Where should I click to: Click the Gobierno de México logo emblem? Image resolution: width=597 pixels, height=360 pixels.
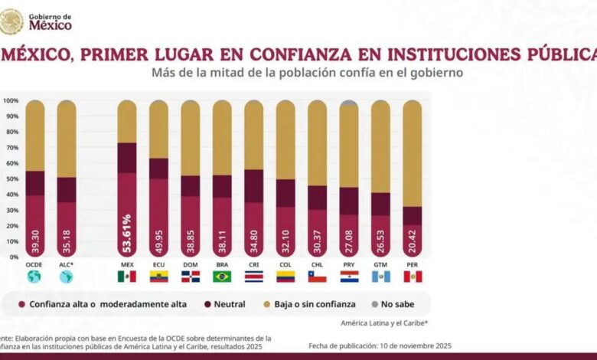11,21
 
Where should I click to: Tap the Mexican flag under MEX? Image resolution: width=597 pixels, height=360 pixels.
127,277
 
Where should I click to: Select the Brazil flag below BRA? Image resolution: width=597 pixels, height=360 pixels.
222,277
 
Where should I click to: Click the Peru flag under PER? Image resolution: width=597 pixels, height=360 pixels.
413,277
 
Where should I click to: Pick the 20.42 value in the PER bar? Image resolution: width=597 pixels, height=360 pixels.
413,238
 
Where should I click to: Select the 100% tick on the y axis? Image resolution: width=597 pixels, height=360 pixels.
11,100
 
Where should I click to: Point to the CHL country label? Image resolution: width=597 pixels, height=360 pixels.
318,265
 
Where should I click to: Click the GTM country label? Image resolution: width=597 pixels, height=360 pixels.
380,265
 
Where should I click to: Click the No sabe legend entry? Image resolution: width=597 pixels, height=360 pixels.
393,304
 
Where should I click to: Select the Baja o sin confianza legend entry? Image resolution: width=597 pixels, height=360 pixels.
312,304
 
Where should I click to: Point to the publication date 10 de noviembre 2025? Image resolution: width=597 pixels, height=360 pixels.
401,345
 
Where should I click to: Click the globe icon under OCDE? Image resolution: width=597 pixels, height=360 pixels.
35,277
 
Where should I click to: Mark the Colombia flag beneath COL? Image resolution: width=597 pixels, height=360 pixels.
285,277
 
